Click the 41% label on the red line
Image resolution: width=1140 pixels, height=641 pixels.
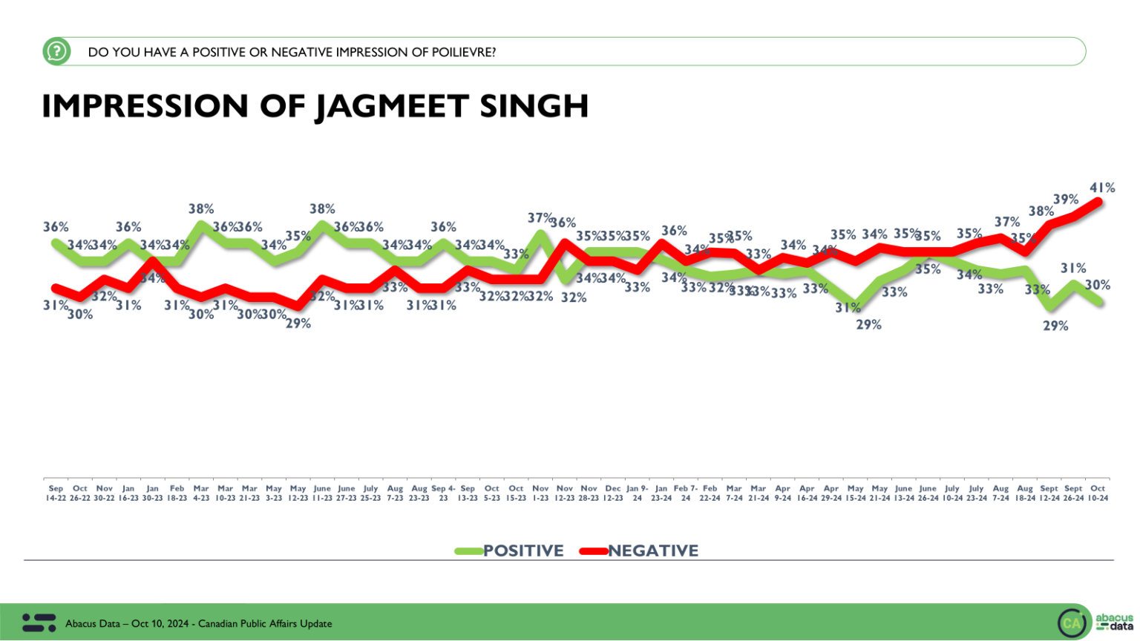click(x=1102, y=188)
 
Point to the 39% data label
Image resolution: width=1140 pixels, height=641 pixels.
click(x=1066, y=200)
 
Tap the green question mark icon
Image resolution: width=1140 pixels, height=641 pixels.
click(x=56, y=51)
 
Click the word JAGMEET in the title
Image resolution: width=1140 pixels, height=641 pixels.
click(x=392, y=106)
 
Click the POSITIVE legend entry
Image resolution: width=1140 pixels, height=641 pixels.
click(x=522, y=550)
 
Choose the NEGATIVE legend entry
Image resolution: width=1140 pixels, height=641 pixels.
click(x=652, y=550)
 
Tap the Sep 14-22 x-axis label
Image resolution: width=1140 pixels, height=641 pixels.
click(x=56, y=493)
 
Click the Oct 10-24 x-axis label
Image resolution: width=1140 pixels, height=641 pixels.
click(x=1098, y=493)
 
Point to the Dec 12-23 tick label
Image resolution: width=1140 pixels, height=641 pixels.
click(x=613, y=493)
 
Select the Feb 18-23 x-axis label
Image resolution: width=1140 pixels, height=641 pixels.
click(x=177, y=493)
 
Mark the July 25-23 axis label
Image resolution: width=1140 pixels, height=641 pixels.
click(x=370, y=493)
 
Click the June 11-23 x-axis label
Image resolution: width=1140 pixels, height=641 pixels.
click(x=322, y=493)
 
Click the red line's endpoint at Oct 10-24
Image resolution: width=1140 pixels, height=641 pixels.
click(x=1098, y=201)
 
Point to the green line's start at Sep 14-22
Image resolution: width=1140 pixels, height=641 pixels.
click(x=56, y=242)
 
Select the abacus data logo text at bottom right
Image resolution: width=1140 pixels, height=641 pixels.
click(x=1115, y=622)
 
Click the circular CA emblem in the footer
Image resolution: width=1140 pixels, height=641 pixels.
click(x=1072, y=623)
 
